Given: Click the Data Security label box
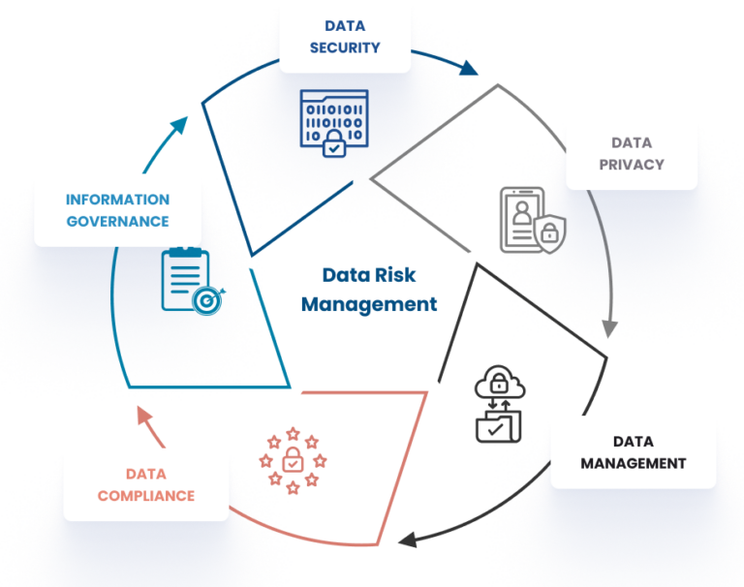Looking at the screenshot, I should (345, 38).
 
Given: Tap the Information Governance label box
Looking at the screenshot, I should (117, 210).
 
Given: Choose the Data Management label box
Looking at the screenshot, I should (633, 452).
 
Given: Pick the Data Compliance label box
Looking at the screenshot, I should (146, 485).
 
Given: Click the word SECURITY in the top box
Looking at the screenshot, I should (345, 48).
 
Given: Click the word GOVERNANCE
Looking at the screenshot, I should (117, 222).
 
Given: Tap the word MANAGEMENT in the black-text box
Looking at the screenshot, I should (633, 464).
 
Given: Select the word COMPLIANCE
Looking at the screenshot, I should (146, 496).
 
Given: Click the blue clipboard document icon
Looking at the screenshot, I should (190, 282).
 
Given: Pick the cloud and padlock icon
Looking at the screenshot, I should (498, 405).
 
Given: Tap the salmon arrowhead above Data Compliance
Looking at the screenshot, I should (142, 417).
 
